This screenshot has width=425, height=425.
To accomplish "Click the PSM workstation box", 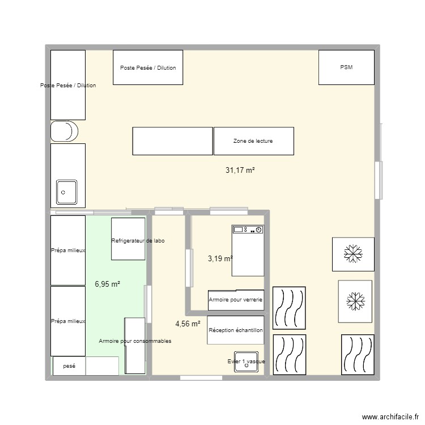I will [x=346, y=67].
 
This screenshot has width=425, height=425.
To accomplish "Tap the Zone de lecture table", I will [x=253, y=141].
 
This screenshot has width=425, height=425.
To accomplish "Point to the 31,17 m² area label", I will [x=240, y=169].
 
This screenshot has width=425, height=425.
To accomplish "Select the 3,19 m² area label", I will [x=220, y=258].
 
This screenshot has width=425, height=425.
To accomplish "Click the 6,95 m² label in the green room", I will [x=107, y=284].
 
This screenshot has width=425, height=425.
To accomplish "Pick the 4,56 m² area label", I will [x=188, y=324].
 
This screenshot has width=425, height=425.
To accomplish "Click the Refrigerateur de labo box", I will [x=129, y=240].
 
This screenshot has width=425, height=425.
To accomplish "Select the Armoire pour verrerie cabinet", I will [x=236, y=300].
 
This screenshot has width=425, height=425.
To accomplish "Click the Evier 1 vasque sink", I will [x=246, y=363].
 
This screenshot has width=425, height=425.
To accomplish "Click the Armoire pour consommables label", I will [x=135, y=341].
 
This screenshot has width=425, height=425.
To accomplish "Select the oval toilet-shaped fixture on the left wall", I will [x=65, y=131].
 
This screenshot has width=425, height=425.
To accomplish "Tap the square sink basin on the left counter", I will [x=67, y=192].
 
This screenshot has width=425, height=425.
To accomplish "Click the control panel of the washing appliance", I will [x=248, y=230].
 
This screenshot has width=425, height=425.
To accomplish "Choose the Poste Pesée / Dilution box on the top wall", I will [x=148, y=67].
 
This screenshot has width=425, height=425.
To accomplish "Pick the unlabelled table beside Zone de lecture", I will [x=172, y=141].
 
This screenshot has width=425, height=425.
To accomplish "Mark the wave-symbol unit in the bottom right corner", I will [x=357, y=354].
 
